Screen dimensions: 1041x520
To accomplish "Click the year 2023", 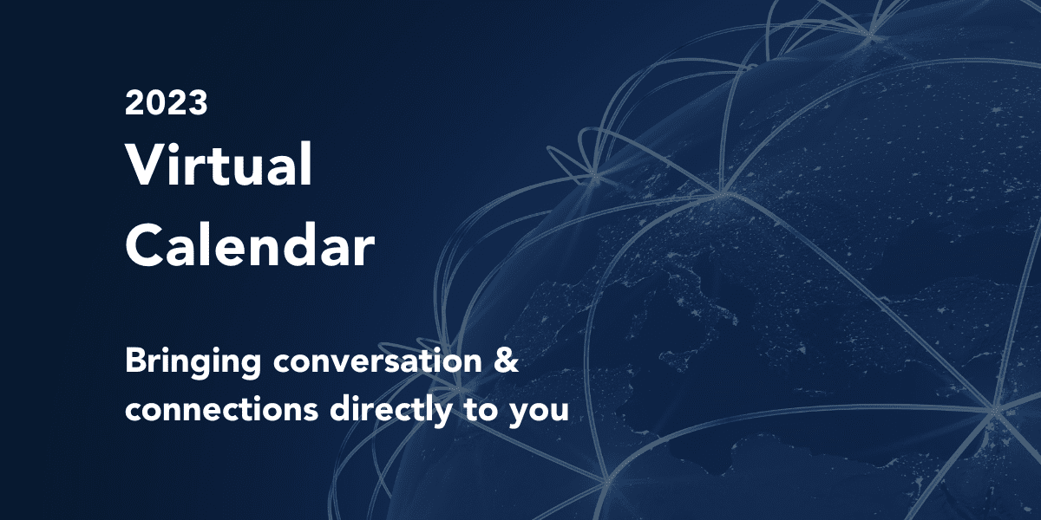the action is pos(166,102).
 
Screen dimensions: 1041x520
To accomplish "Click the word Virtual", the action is pos(219,165).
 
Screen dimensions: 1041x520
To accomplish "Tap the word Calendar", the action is pos(250,244).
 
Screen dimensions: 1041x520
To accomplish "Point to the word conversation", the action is pos(377,361).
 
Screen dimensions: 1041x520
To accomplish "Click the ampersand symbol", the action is pos(506,361).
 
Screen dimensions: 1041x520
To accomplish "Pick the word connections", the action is pos(222,410).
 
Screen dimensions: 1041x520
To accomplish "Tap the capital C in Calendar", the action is pos(145,244).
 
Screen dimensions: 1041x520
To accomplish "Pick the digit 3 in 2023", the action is pos(198,102).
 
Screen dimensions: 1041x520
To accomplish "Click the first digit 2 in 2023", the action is pos(134,102).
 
